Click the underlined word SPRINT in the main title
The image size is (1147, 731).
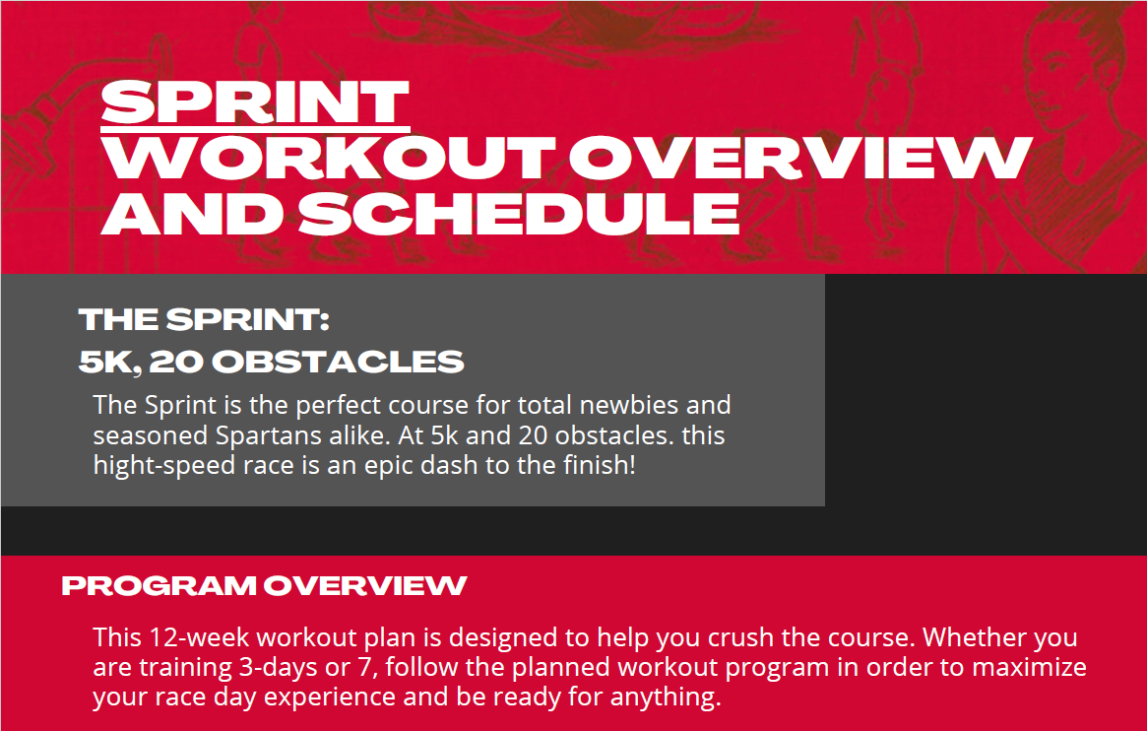[255, 101]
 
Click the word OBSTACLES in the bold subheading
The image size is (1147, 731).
[338, 362]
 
